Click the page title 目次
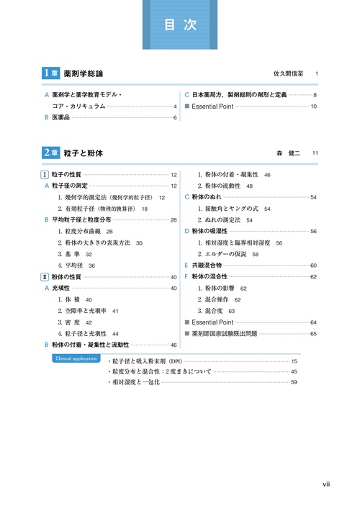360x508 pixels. (x=180, y=24)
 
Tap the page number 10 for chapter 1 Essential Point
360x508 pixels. (x=314, y=106)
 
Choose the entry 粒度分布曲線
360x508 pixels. (x=80, y=232)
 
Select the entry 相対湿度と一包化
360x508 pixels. (x=134, y=382)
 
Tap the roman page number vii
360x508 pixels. (x=326, y=484)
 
